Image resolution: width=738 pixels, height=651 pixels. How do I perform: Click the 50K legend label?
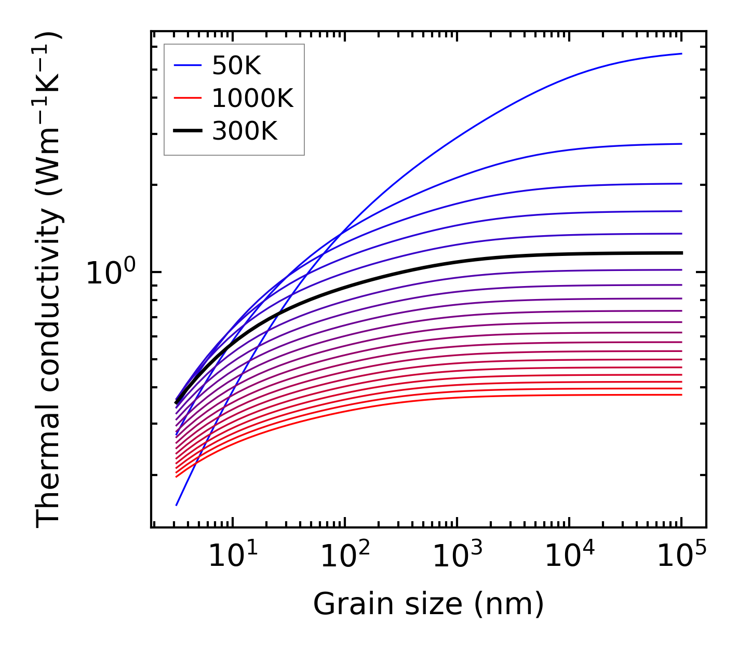(x=236, y=65)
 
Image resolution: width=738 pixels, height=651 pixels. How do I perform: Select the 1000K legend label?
(x=252, y=98)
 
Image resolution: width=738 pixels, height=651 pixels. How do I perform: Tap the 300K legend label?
(x=245, y=131)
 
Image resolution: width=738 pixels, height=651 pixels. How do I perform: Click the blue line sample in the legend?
(x=187, y=65)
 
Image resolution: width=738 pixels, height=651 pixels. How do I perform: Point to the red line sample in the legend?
(x=187, y=98)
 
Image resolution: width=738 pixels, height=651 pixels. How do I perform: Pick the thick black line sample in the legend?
(x=187, y=131)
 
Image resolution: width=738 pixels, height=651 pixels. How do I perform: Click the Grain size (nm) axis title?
(x=428, y=604)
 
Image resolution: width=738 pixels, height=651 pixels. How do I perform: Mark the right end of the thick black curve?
(x=681, y=253)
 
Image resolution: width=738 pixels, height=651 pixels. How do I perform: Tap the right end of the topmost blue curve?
(x=681, y=53)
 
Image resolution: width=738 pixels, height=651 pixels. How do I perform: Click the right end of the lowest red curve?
(x=681, y=395)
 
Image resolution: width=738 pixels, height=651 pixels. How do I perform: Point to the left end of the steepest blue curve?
(x=177, y=505)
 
